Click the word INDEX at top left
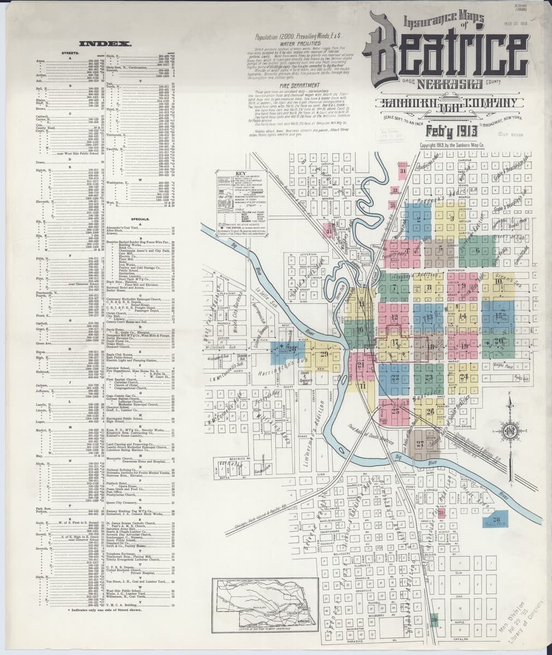[104, 43]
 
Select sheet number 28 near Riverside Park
[496, 520]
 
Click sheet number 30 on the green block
[434, 619]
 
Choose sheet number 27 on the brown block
[420, 443]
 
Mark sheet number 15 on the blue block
[499, 316]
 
